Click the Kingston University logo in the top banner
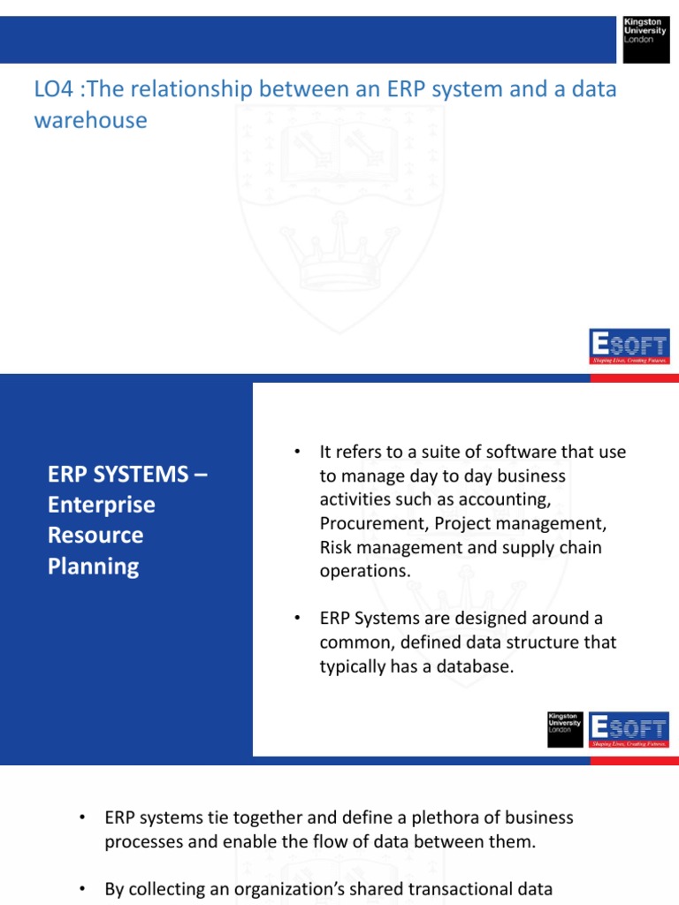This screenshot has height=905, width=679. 645,38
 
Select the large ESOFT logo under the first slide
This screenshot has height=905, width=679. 629,346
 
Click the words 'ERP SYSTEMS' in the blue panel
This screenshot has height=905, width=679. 111,475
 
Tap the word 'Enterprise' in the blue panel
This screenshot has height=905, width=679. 101,505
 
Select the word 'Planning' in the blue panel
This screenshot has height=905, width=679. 93,566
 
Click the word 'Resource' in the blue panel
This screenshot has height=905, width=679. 95,535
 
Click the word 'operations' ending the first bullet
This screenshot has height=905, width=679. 362,571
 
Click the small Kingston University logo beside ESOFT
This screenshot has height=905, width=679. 564,729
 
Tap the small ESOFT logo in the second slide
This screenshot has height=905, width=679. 629,729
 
